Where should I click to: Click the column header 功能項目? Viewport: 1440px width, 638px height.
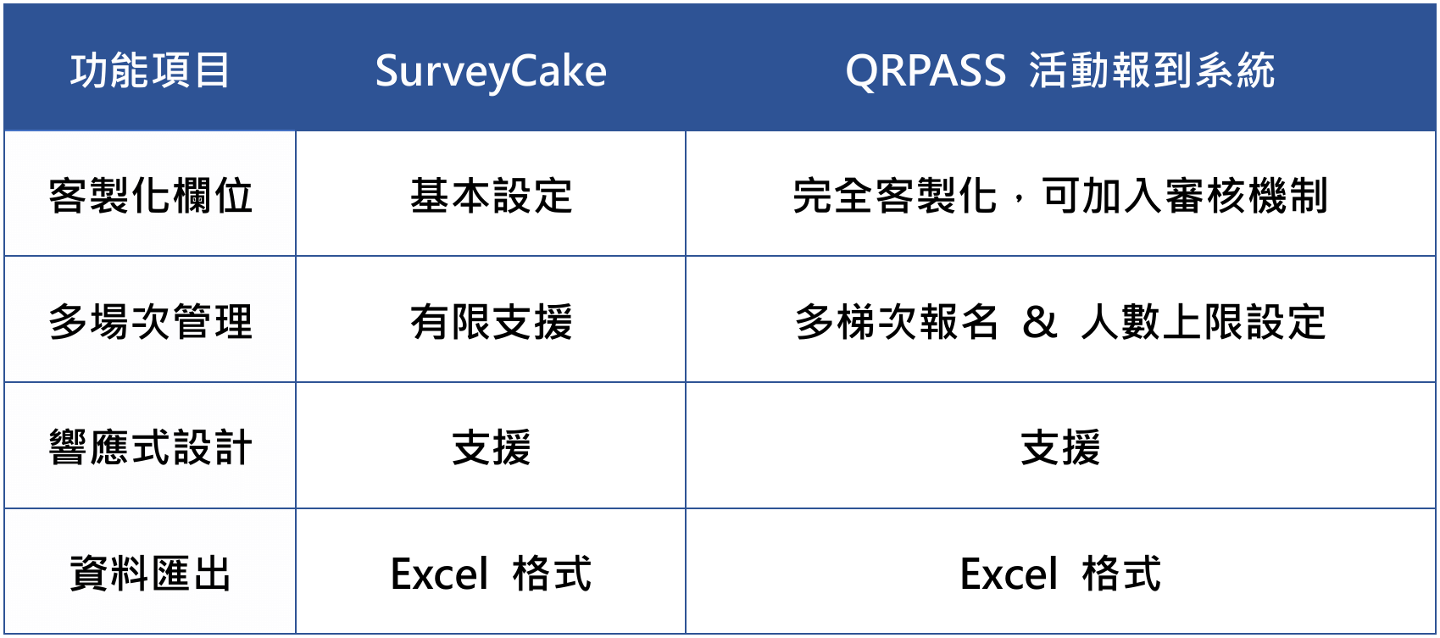click(150, 70)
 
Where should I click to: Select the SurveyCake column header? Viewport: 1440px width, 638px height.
click(491, 71)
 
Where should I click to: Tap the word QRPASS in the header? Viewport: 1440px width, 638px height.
click(926, 70)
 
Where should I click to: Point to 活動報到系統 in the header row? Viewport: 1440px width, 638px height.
click(1152, 70)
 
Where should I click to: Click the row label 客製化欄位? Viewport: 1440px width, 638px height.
click(150, 196)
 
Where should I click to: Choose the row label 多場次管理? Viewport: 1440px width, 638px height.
click(150, 321)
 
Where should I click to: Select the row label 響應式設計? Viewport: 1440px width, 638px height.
click(150, 447)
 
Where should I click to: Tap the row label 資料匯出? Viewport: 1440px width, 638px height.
click(150, 573)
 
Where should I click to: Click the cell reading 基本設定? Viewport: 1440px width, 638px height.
click(491, 196)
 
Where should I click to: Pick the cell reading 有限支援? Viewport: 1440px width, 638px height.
click(491, 321)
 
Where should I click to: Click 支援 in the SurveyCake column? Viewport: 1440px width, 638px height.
click(491, 447)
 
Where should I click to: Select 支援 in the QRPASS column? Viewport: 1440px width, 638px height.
click(1060, 447)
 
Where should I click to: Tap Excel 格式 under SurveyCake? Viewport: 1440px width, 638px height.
click(491, 573)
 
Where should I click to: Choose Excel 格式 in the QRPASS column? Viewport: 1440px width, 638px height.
click(1060, 573)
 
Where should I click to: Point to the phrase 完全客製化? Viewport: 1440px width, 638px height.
click(894, 196)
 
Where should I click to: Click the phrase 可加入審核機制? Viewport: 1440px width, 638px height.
click(1184, 196)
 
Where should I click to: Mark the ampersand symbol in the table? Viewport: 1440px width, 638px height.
click(1039, 322)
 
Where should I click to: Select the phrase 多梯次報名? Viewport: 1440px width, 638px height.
click(896, 321)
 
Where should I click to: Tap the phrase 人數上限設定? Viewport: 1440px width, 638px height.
click(1204, 321)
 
